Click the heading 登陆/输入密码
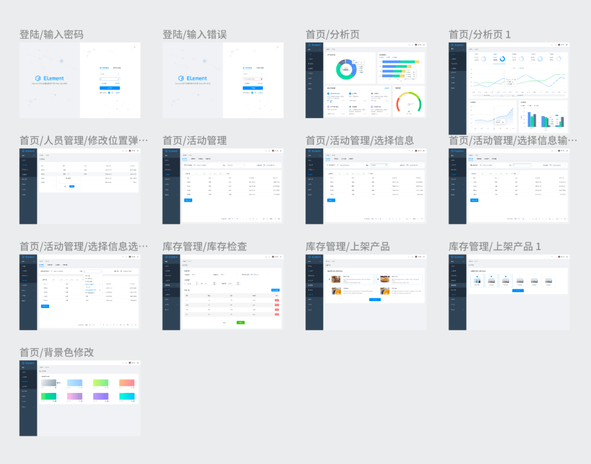(x=51, y=34)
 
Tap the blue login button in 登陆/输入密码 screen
(x=109, y=88)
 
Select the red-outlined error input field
(x=253, y=79)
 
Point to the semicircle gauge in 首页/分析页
(x=409, y=102)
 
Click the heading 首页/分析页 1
(x=480, y=34)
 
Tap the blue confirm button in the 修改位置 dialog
(x=72, y=186)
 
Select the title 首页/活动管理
(x=195, y=141)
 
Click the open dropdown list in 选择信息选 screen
(x=92, y=288)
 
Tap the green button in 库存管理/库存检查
(x=241, y=322)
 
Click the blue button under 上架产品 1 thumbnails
(x=518, y=291)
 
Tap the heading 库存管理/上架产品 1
(x=495, y=247)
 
